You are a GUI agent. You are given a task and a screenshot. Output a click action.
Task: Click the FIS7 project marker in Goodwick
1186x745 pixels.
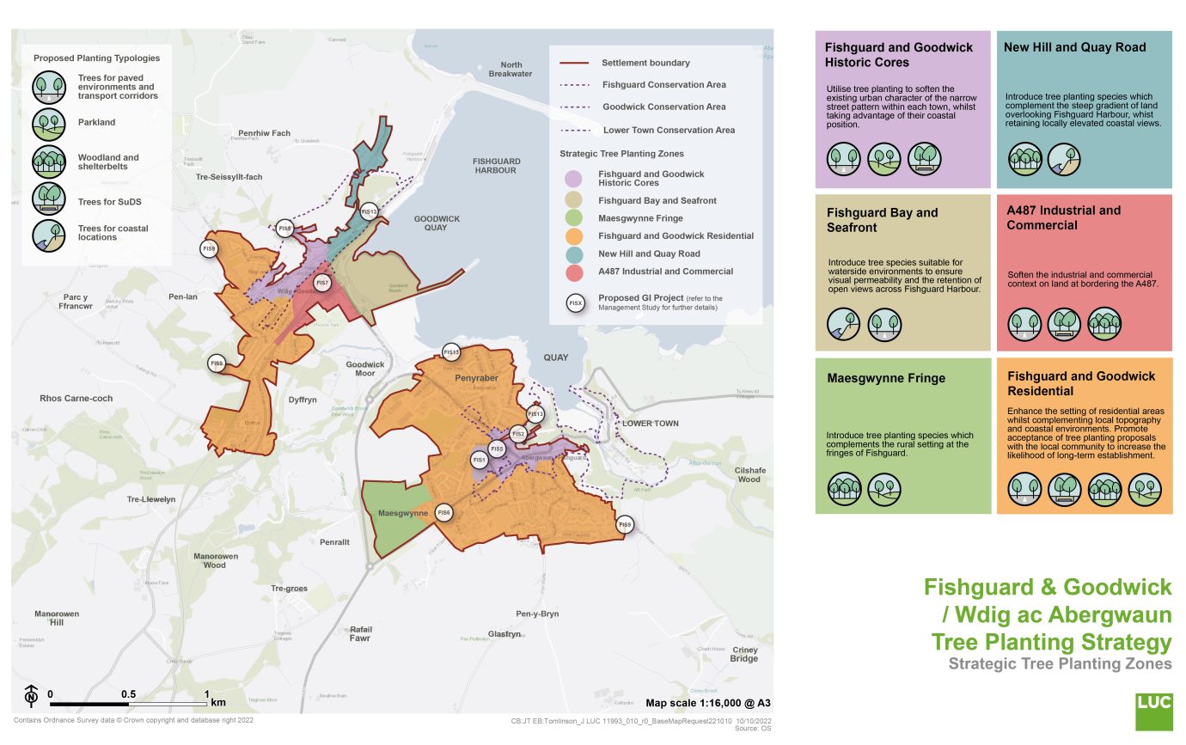pyautogui.click(x=322, y=283)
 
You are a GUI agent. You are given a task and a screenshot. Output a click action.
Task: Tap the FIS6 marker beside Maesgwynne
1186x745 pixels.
pyautogui.click(x=444, y=513)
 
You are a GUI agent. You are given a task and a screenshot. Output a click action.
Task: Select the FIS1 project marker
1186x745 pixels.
pyautogui.click(x=480, y=461)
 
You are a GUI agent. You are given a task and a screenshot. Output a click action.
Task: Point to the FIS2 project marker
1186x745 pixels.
pyautogui.click(x=517, y=434)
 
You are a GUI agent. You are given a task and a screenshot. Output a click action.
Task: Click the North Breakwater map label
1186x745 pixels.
pyautogui.click(x=511, y=70)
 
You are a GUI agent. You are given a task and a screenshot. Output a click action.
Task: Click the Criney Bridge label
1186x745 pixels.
pyautogui.click(x=744, y=654)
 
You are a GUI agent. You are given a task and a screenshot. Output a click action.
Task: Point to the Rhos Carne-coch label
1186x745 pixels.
pyautogui.click(x=76, y=399)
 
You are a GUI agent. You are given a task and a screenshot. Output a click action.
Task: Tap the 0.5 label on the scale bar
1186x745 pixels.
pyautogui.click(x=129, y=693)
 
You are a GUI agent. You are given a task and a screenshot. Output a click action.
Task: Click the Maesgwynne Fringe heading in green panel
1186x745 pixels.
pyautogui.click(x=886, y=378)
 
